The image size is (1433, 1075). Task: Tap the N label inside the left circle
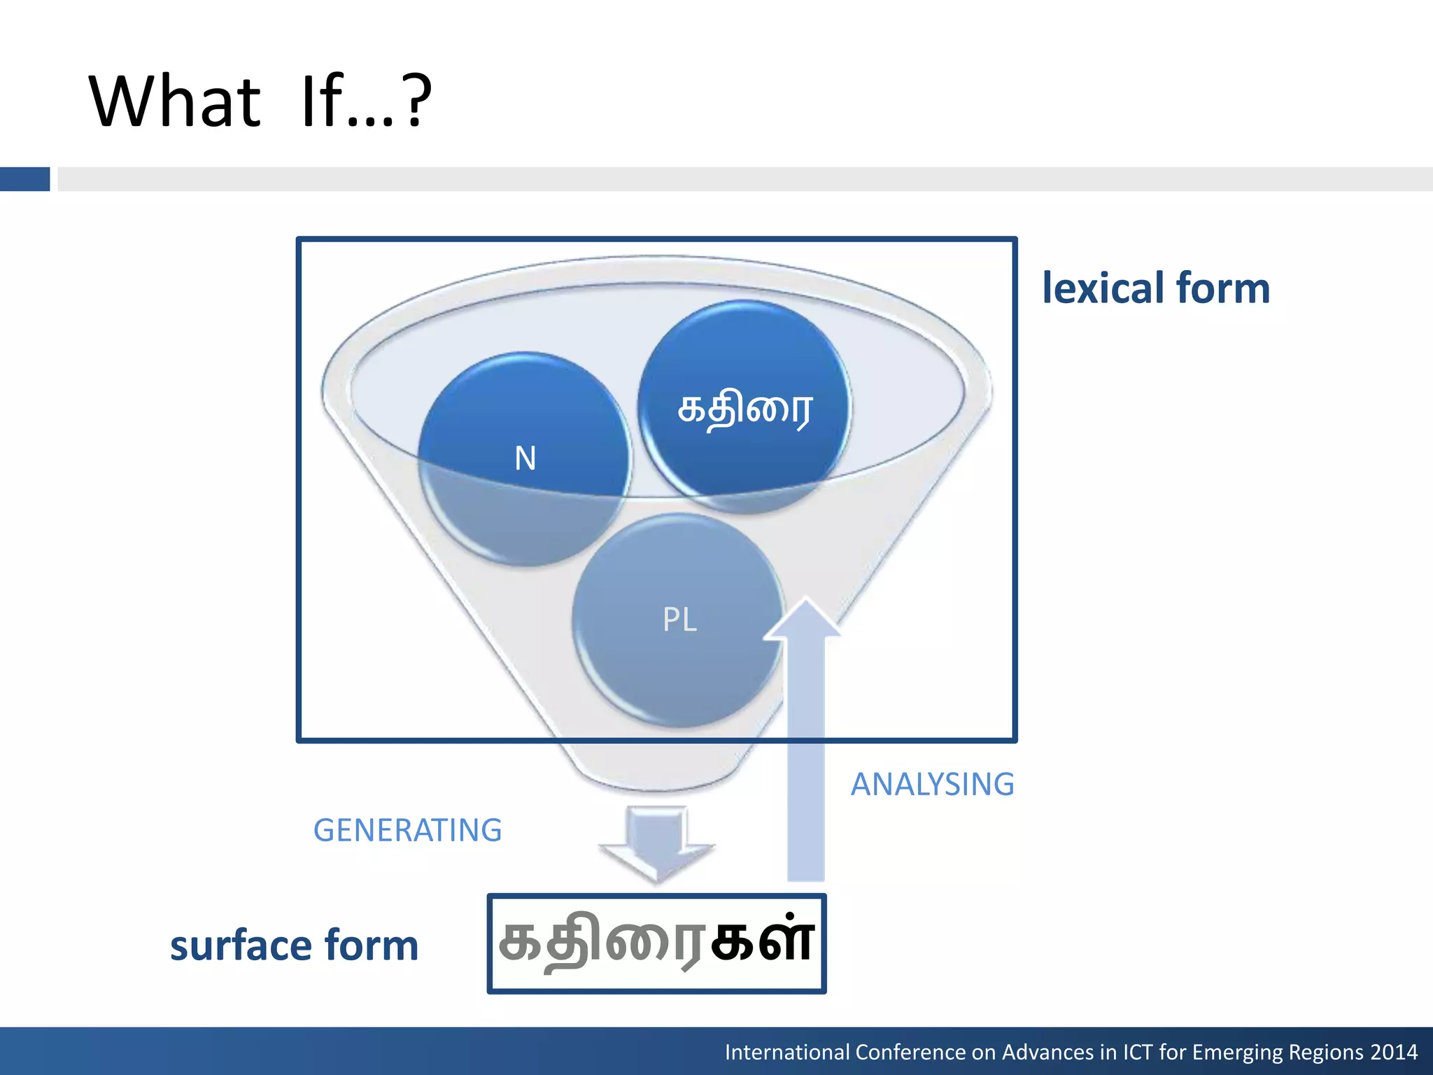coord(525,458)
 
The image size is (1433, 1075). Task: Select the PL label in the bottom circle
coord(679,619)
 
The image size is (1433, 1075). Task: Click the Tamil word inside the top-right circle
coord(744,409)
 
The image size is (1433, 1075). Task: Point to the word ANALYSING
coord(932,784)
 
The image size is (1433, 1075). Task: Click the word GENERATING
coord(407,830)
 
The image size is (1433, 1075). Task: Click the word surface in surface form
coord(240,946)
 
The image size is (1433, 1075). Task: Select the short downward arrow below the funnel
coord(656,843)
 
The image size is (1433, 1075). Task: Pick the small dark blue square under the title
coord(24,179)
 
